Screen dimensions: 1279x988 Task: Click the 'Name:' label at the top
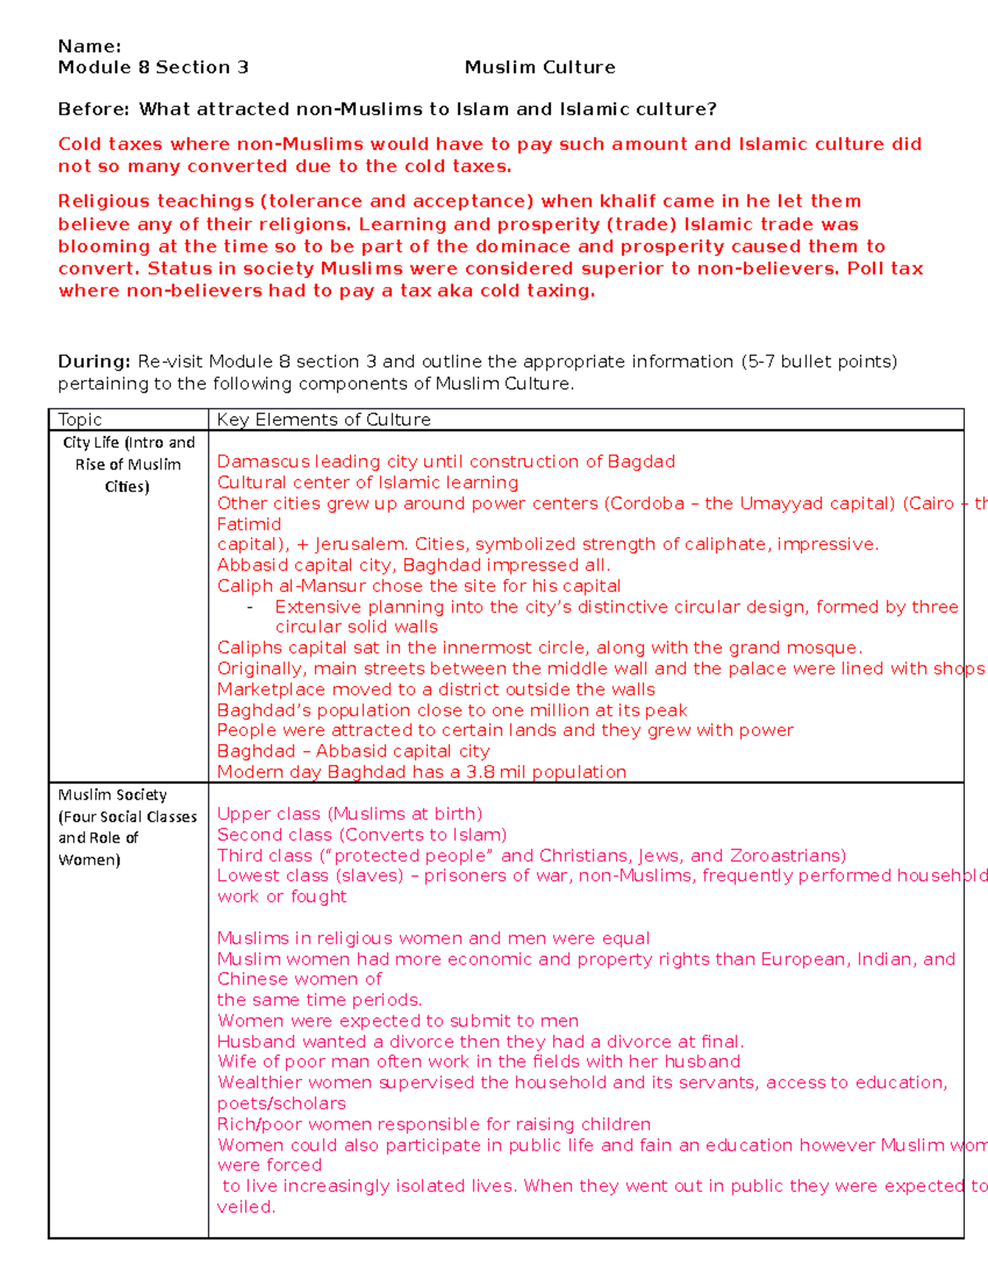coord(89,46)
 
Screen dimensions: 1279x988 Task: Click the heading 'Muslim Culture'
coord(539,68)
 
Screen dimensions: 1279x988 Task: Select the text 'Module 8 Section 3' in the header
coord(153,68)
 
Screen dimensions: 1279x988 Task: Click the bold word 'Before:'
coord(93,110)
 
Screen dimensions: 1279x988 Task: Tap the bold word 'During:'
coord(94,362)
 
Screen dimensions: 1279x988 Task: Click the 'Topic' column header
coord(80,420)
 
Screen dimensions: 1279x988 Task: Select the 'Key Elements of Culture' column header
coord(324,420)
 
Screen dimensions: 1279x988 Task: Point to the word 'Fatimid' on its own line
coord(249,525)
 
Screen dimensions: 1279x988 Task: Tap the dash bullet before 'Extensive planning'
coord(249,608)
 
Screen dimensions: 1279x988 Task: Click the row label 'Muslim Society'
coord(112,795)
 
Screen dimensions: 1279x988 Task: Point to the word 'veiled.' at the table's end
coord(245,1207)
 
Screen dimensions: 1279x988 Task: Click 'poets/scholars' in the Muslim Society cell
coord(281,1104)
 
